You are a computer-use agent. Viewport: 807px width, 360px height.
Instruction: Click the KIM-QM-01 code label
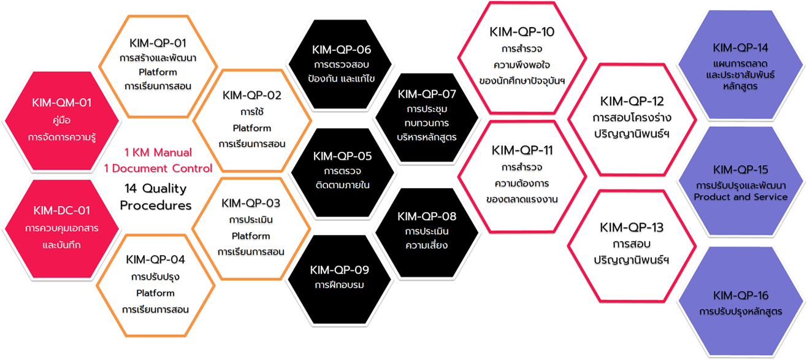(x=61, y=102)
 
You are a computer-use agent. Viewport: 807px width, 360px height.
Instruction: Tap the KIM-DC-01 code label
(x=61, y=210)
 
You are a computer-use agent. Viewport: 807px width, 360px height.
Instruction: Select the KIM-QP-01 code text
(x=158, y=44)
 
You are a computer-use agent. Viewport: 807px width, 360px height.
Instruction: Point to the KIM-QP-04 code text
(x=155, y=259)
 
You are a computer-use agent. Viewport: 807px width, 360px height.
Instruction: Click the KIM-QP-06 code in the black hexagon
(x=342, y=50)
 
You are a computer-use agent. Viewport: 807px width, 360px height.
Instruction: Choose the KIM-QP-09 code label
(x=339, y=270)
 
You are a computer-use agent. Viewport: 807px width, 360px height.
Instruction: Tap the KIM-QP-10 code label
(x=522, y=32)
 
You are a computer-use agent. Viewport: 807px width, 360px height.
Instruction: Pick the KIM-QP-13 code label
(x=632, y=228)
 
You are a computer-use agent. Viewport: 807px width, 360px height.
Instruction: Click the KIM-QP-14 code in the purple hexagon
(x=740, y=48)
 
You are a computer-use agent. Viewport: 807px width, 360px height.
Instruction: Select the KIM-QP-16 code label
(x=741, y=296)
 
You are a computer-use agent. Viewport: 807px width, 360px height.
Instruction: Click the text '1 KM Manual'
(x=158, y=153)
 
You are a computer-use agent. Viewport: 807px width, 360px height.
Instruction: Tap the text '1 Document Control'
(x=158, y=168)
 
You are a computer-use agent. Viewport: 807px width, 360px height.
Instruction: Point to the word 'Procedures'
(x=156, y=205)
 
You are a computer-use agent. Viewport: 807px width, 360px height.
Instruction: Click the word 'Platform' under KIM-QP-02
(x=252, y=128)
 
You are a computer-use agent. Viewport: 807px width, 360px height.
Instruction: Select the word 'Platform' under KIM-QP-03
(x=251, y=236)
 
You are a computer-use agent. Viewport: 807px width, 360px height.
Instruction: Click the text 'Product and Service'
(x=741, y=197)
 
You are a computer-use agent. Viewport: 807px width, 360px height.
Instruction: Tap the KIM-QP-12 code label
(x=632, y=101)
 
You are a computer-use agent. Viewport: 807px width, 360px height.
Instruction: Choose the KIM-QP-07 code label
(x=427, y=94)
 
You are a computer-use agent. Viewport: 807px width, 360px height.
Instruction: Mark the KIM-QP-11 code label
(x=522, y=150)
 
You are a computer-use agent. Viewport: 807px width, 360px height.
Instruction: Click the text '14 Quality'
(x=156, y=188)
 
